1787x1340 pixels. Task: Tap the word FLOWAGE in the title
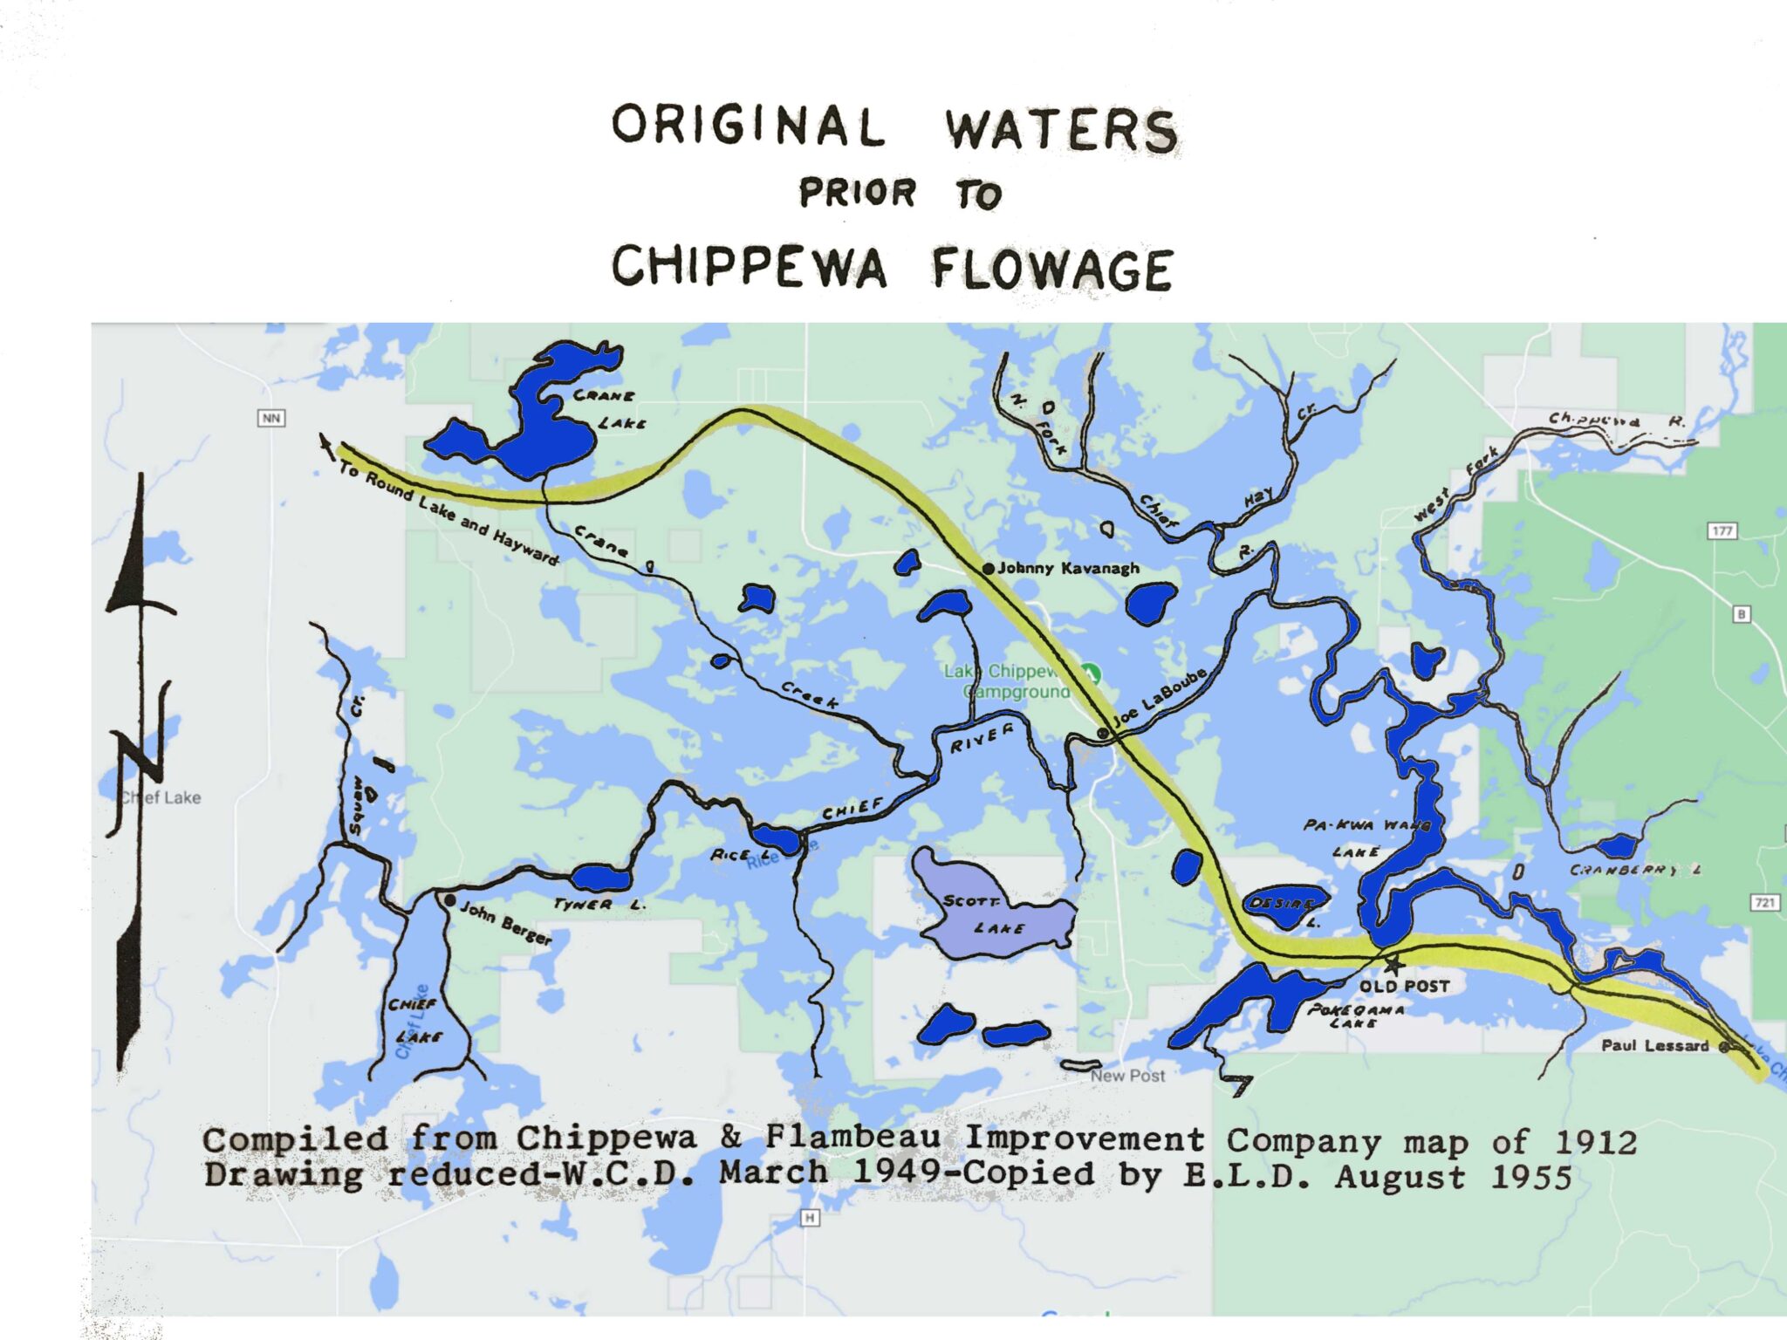click(x=1052, y=269)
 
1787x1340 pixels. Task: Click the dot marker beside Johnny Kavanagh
click(x=989, y=569)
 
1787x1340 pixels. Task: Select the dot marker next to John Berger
click(x=450, y=900)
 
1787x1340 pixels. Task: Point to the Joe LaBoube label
click(x=1161, y=698)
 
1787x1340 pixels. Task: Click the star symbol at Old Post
click(x=1393, y=964)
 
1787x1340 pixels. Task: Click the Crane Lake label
click(x=608, y=409)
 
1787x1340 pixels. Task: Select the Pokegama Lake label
click(x=1355, y=1015)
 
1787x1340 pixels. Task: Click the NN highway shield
click(x=271, y=418)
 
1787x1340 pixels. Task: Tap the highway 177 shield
click(x=1722, y=530)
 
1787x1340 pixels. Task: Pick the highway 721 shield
click(x=1764, y=902)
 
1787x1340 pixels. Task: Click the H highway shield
click(x=810, y=1218)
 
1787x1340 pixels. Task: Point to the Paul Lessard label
click(x=1654, y=1045)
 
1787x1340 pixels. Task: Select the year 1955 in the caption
click(x=1530, y=1177)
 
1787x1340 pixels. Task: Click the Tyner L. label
click(x=599, y=905)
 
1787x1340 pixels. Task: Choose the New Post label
click(x=1127, y=1076)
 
